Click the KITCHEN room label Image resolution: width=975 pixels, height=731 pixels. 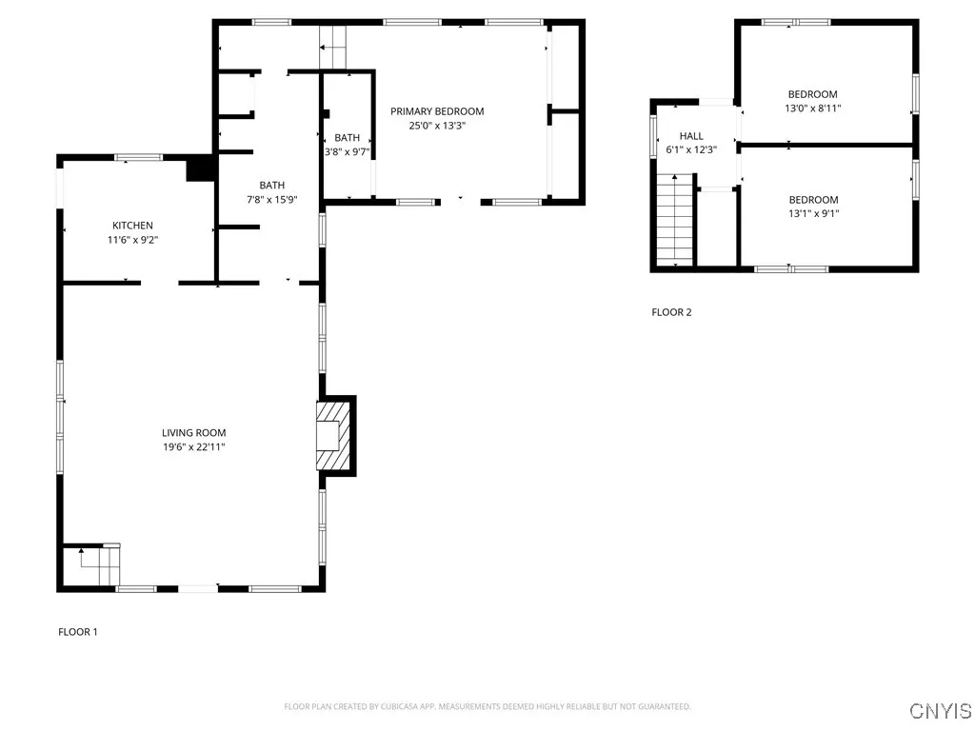pos(132,226)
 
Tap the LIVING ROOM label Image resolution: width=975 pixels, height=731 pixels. pos(193,433)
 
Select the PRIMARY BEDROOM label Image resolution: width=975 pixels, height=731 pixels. pos(437,111)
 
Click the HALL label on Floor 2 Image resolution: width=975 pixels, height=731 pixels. pos(691,136)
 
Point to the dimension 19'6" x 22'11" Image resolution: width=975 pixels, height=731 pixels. pos(193,446)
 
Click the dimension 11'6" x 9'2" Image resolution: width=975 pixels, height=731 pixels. pos(132,240)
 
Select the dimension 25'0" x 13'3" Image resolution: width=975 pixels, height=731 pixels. pos(437,126)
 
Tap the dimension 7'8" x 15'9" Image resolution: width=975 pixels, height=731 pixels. pos(266,200)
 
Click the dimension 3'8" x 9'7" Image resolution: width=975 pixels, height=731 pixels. pos(348,151)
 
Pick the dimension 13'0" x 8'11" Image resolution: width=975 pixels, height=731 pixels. pos(812,109)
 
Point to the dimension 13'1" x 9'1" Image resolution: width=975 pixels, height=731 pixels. pos(813,214)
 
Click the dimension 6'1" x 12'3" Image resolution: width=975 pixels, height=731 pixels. pos(691,149)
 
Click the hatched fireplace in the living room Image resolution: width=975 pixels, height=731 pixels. pos(334,435)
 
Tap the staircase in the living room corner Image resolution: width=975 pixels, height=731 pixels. pos(92,566)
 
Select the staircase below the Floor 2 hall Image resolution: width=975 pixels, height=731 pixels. pos(675,220)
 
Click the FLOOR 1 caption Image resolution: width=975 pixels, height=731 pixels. pos(78,632)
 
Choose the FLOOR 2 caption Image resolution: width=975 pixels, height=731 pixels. pos(671,312)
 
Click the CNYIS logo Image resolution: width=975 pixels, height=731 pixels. pos(940,711)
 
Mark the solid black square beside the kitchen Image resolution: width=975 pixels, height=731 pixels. pos(201,168)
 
